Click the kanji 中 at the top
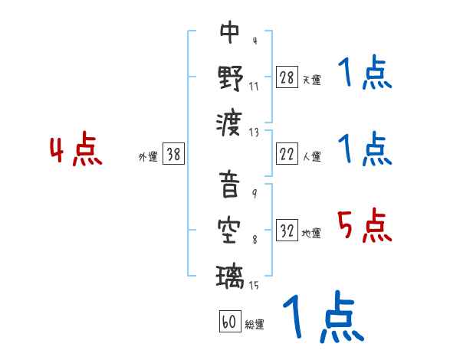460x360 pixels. [230, 33]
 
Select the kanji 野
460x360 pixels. [230, 77]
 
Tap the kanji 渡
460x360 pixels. [230, 121]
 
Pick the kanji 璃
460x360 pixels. [230, 273]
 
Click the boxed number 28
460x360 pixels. [287, 78]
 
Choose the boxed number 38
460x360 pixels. [173, 155]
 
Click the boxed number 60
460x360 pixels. [229, 322]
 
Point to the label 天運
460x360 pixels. [311, 80]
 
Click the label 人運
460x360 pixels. [311, 156]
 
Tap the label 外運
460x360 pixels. [148, 156]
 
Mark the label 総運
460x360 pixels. [255, 324]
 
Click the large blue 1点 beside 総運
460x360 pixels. [323, 318]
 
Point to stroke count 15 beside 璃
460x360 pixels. [253, 286]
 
